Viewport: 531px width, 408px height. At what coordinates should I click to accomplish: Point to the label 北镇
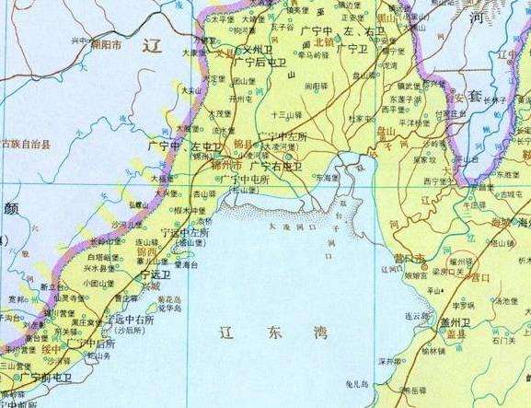(323, 41)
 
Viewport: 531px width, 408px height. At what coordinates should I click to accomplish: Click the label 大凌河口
(292, 226)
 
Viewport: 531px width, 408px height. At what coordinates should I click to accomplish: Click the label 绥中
(51, 349)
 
